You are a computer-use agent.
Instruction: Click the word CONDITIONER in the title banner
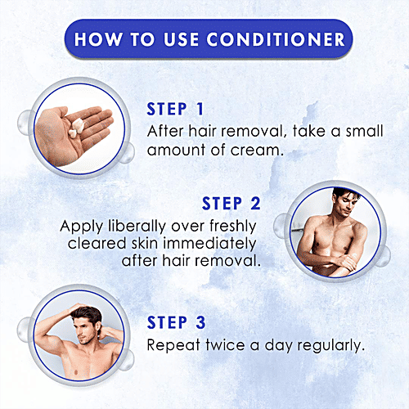pos(276,39)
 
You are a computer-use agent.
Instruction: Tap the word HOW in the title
pos(98,39)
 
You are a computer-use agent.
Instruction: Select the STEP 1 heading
pos(175,109)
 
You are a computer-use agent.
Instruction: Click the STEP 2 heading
pos(231,204)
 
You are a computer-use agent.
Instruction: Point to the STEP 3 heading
pos(176,322)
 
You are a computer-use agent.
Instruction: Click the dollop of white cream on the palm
pos(77,127)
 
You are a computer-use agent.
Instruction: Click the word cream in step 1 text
pos(254,151)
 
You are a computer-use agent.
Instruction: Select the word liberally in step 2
pos(137,227)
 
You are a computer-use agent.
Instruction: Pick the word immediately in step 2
pos(209,243)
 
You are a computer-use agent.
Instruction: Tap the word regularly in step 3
pos(330,346)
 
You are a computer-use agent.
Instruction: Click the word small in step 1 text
pos(365,131)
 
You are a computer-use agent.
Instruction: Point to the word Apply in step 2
pos(82,227)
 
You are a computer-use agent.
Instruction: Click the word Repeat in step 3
pos(173,345)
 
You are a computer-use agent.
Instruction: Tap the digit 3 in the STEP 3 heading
pos(200,322)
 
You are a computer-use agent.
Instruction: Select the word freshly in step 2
pos(233,227)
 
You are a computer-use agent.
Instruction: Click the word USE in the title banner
pos(181,39)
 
